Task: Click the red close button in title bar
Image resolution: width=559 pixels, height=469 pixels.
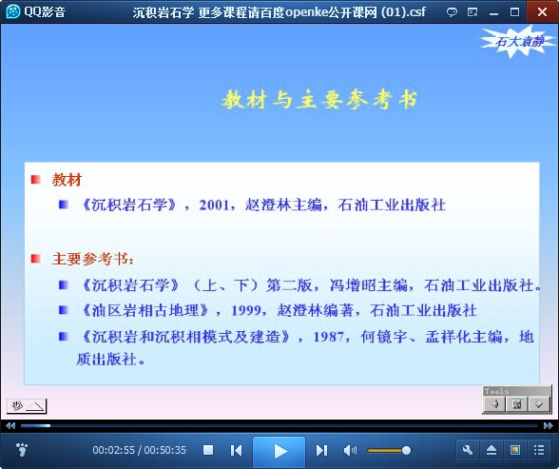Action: (x=542, y=11)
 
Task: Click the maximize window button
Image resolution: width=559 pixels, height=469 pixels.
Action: (x=515, y=12)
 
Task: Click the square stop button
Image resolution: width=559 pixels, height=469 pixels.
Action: (x=208, y=450)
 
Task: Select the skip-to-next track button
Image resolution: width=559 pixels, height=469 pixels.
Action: (x=321, y=450)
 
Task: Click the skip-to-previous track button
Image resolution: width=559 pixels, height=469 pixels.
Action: (x=236, y=450)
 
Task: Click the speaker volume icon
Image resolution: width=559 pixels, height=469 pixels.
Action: (x=350, y=451)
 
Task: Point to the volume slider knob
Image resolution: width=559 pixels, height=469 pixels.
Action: (x=406, y=451)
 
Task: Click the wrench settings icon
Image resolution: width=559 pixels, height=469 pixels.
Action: (x=468, y=450)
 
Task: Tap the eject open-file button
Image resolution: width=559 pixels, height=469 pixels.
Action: (x=492, y=450)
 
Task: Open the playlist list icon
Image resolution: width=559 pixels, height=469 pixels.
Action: (x=539, y=450)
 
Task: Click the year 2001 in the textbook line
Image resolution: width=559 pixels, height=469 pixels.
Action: (x=214, y=205)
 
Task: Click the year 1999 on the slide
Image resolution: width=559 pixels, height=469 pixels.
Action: (x=246, y=310)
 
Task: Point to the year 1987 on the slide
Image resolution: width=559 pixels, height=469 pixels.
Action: (x=329, y=337)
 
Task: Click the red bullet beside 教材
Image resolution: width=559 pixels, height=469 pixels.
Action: (x=36, y=179)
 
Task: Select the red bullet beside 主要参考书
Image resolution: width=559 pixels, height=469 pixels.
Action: (x=36, y=258)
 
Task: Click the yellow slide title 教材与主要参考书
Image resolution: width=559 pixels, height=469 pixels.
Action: (x=319, y=100)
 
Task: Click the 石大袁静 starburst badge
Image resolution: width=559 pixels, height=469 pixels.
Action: (x=519, y=41)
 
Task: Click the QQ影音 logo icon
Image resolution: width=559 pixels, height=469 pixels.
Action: (x=13, y=11)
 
